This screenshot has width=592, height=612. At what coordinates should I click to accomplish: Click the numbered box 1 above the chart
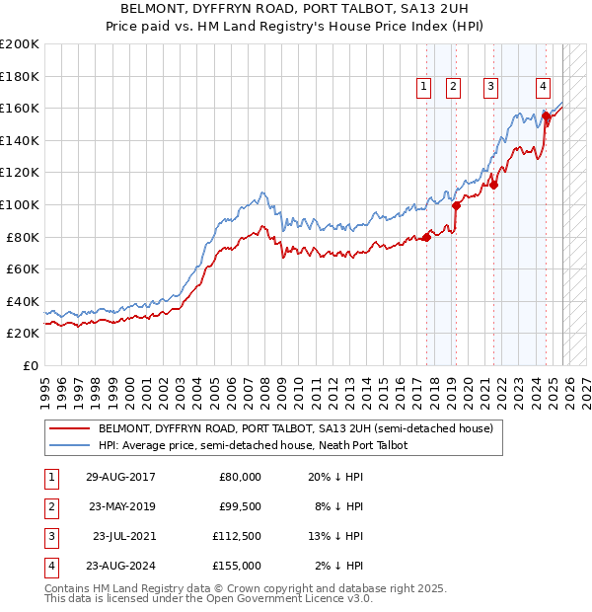(423, 87)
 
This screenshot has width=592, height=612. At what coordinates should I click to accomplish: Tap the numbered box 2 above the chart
(453, 87)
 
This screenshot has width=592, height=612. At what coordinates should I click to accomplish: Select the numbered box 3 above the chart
(490, 87)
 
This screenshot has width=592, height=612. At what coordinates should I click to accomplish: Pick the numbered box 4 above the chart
(544, 87)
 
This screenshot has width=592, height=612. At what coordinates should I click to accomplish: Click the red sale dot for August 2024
(546, 115)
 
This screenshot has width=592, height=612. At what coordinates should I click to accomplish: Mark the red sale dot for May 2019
(457, 205)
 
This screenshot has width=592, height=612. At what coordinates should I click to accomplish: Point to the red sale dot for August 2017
(427, 237)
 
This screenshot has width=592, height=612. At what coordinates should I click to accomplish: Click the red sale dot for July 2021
(494, 185)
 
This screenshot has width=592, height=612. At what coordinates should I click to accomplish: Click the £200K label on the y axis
(21, 44)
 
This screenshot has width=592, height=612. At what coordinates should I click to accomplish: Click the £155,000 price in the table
(238, 566)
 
